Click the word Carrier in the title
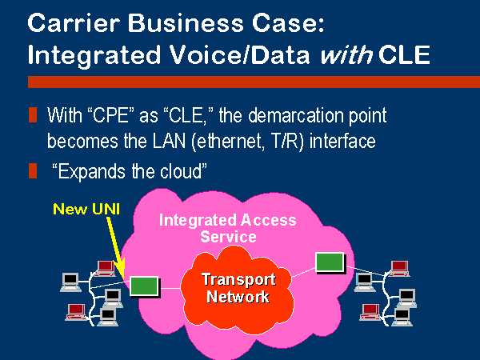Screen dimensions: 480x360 (x=73, y=23)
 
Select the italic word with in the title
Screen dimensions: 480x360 (x=346, y=54)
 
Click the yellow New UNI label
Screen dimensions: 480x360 (x=86, y=209)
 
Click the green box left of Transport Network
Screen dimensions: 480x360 (x=144, y=286)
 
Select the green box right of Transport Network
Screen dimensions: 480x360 (x=330, y=262)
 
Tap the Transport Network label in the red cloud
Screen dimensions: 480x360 (x=238, y=288)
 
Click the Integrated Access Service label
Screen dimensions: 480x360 (x=228, y=228)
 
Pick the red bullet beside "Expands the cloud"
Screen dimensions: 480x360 (x=33, y=171)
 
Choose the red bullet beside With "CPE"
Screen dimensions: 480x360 (x=33, y=115)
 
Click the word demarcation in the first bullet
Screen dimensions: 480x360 (x=296, y=116)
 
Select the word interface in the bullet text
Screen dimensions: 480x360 (x=342, y=142)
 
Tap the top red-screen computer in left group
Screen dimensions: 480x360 (x=105, y=268)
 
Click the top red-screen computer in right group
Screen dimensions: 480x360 (x=399, y=269)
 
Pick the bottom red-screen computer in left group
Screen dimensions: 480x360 (x=76, y=312)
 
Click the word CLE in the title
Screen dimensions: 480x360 (x=404, y=54)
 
